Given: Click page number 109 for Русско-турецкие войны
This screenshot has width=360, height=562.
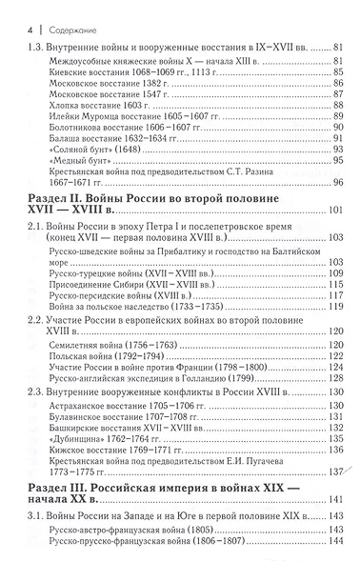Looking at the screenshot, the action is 335,272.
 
